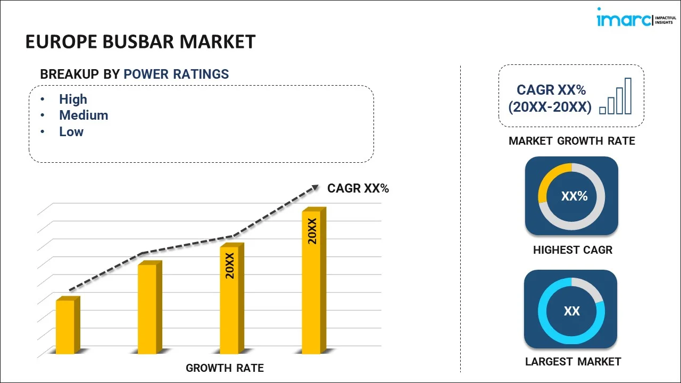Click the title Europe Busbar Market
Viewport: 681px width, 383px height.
(x=140, y=41)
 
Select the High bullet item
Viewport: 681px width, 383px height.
(x=73, y=99)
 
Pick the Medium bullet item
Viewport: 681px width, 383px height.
(x=84, y=115)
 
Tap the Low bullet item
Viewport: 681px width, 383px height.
(x=71, y=132)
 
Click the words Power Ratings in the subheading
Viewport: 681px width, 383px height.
(x=176, y=74)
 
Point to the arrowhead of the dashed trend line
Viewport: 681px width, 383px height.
(x=315, y=187)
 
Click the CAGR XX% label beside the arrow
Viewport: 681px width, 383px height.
(x=358, y=188)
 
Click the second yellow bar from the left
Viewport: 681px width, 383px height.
(x=147, y=309)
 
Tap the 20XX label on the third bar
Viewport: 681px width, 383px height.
(x=230, y=266)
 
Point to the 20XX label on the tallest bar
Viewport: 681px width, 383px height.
(x=312, y=231)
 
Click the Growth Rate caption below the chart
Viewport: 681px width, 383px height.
(x=225, y=368)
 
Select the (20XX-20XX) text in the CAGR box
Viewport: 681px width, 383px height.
(x=550, y=107)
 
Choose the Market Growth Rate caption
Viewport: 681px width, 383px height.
(x=572, y=141)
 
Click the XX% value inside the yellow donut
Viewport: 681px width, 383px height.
(x=574, y=196)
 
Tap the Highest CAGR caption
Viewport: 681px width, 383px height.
(x=572, y=250)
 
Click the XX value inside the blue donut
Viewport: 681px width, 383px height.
(x=571, y=311)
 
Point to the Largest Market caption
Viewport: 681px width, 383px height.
(x=573, y=362)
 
